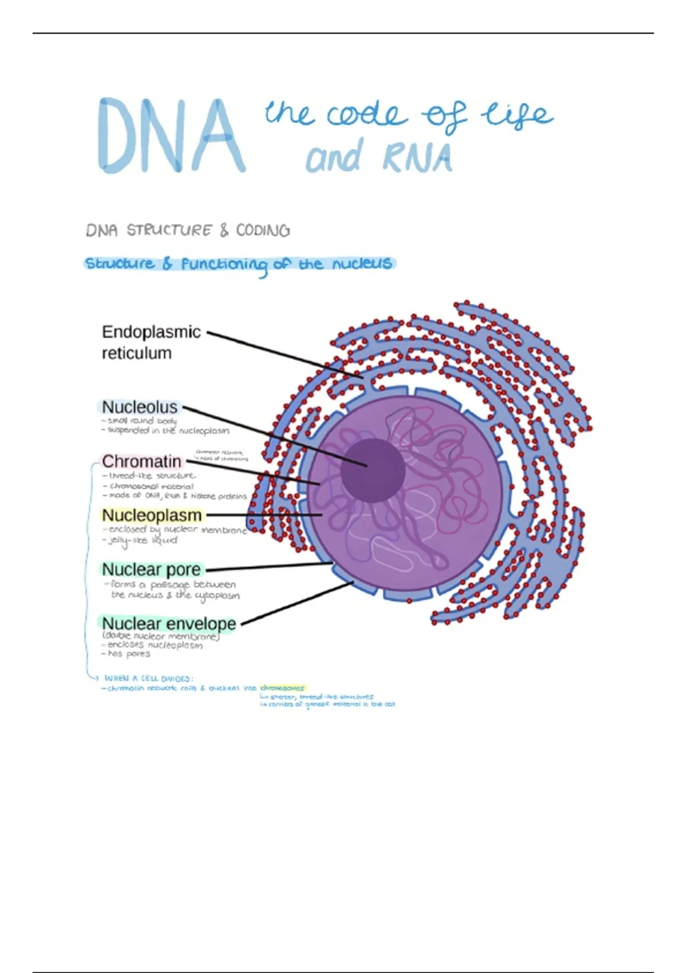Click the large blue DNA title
coord(171,136)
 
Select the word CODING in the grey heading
coord(263,231)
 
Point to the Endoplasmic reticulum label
coord(151,342)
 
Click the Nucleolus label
coord(140,407)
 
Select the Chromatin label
coord(141,461)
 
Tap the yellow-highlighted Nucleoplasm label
coord(152,515)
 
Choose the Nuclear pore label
coord(152,569)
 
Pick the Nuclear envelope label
coord(169,623)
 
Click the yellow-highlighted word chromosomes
coord(282,688)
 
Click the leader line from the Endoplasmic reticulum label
coord(286,355)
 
